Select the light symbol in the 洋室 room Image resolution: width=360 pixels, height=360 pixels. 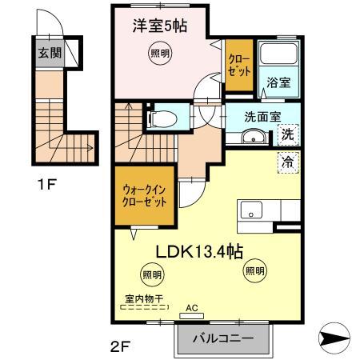coord(160,54)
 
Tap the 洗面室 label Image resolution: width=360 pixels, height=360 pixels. coord(262,115)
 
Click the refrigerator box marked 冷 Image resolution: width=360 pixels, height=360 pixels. coord(286,162)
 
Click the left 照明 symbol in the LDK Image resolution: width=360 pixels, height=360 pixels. coord(152,275)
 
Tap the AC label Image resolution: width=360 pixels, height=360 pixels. coord(192,306)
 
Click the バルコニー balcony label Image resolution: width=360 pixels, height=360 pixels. coord(224,338)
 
